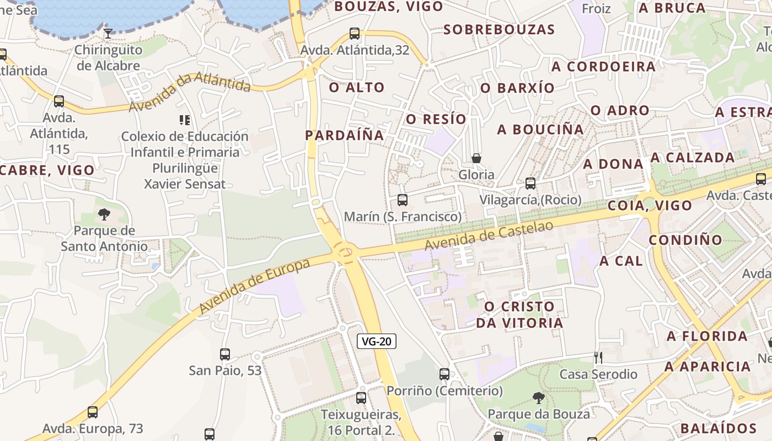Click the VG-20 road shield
[377, 341]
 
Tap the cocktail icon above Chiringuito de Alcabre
[108, 34]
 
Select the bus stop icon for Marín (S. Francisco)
[403, 200]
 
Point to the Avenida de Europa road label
[255, 286]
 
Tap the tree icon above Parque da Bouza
[538, 397]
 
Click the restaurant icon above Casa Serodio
[598, 358]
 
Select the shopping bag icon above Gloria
[476, 158]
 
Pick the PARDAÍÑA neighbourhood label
[344, 135]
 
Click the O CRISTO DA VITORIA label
[519, 315]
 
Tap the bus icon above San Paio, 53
[225, 354]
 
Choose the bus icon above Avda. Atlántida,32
[355, 34]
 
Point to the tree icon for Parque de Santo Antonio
[104, 214]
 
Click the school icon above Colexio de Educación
[185, 120]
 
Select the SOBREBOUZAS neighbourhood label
[498, 30]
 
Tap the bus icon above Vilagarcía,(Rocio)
[530, 184]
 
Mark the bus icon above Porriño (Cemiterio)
[444, 374]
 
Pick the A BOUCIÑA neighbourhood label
[540, 130]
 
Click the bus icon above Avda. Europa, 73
[93, 412]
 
